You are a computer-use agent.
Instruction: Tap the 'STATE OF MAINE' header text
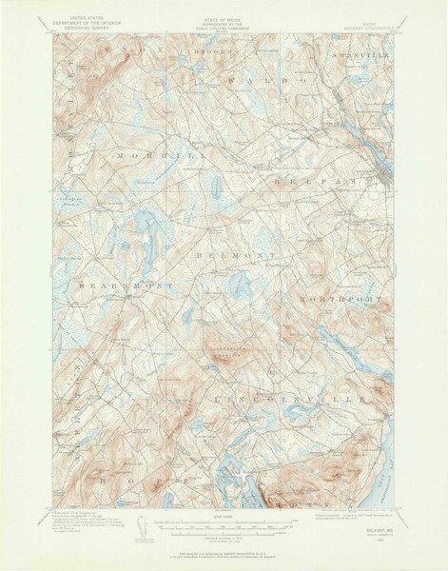(x=224, y=16)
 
